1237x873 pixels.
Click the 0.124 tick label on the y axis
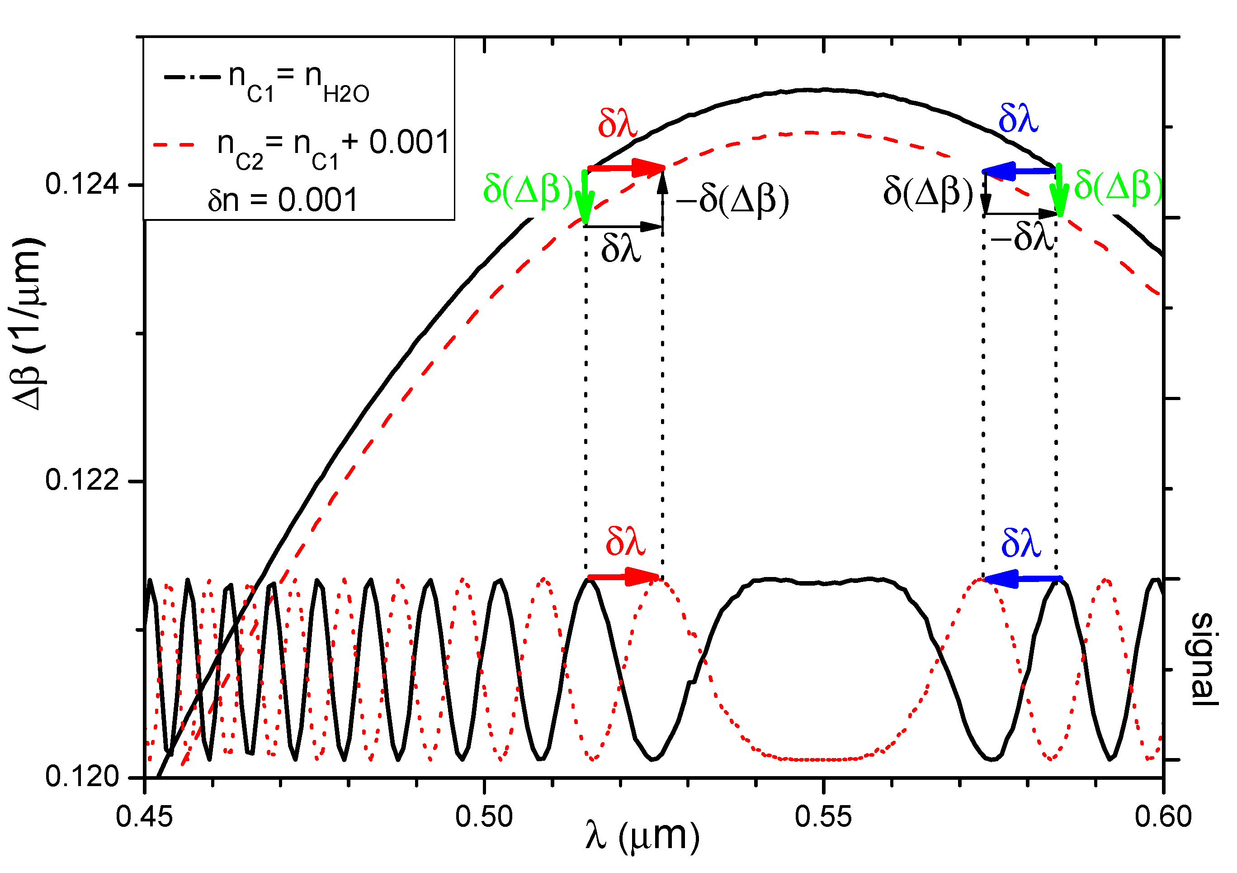(82, 185)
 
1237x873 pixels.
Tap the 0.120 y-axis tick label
(82, 777)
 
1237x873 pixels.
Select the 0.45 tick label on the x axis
(144, 816)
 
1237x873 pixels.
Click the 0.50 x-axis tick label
(484, 816)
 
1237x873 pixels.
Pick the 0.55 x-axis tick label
(823, 816)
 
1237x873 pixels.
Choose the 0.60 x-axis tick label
(1163, 816)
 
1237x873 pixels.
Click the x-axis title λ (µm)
(642, 837)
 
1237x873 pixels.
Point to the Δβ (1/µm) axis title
(28, 324)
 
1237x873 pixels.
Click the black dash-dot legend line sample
(192, 77)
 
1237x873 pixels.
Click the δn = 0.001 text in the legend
(283, 200)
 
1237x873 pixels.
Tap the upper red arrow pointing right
(626, 168)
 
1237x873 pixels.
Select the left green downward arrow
(585, 197)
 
